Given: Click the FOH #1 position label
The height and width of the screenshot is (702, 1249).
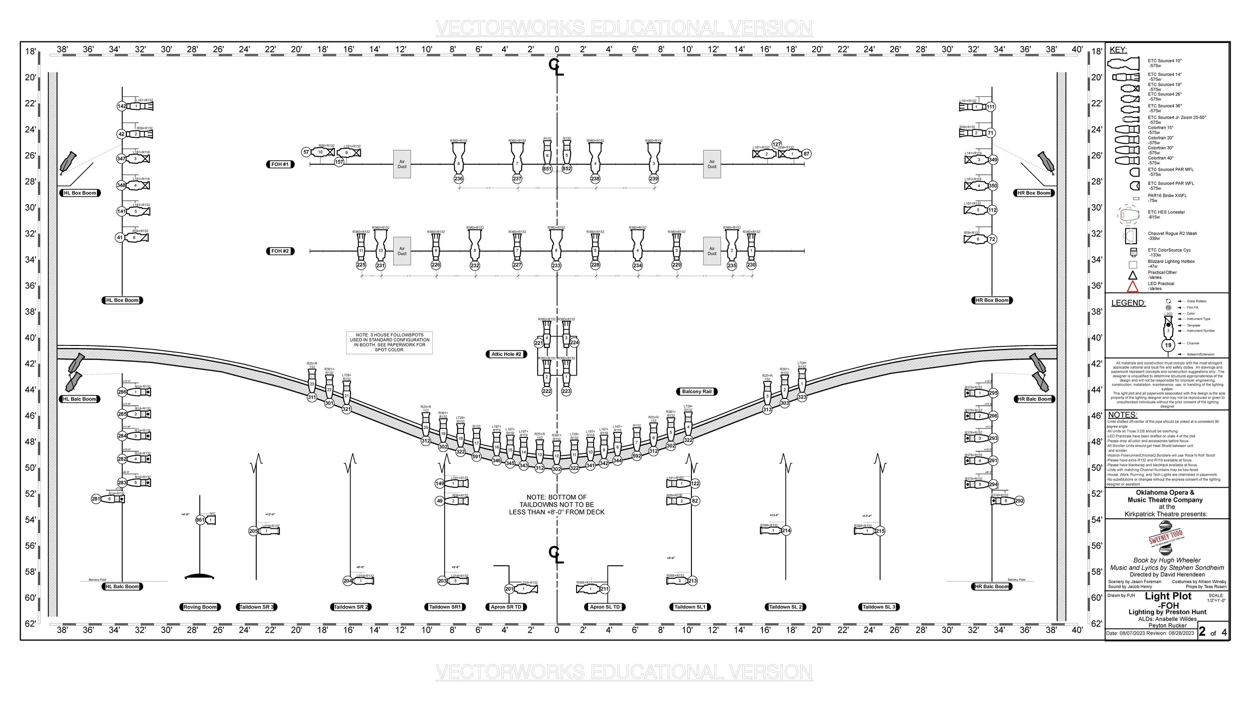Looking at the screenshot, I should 280,164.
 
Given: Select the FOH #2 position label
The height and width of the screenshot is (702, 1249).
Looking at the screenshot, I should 280,251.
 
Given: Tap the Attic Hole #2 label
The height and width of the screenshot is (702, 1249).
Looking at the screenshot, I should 506,354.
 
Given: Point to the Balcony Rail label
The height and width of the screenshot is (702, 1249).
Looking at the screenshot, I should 696,391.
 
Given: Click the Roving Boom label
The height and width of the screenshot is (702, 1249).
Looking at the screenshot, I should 200,607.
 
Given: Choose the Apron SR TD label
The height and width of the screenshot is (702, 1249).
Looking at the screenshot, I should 506,607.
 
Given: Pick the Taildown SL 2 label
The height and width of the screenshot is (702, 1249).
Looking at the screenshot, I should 785,607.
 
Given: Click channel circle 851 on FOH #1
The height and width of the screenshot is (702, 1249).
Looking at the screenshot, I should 547,169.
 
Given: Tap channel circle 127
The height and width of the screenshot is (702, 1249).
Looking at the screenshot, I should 776,144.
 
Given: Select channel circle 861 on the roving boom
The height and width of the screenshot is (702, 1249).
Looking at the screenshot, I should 200,520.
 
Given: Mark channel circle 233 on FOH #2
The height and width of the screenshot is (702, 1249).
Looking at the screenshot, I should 556,266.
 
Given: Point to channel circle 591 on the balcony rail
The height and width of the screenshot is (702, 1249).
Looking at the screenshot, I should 476,456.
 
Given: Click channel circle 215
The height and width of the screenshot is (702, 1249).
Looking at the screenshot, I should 880,531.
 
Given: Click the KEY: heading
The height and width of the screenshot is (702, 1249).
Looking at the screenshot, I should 1118,50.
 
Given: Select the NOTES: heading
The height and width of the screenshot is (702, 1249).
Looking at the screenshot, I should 1122,415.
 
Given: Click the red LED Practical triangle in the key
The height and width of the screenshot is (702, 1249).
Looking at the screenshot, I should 1133,287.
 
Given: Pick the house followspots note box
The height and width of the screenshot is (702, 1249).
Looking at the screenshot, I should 389,343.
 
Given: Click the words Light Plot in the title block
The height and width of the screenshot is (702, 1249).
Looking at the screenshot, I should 1168,596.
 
